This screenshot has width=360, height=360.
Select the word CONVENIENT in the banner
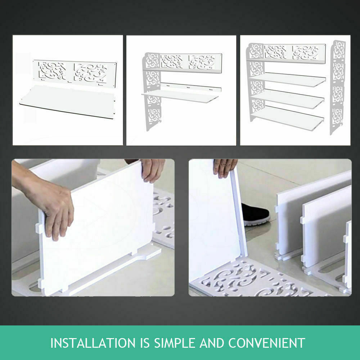[x=269, y=343]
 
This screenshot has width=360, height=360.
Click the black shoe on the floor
[x=256, y=215]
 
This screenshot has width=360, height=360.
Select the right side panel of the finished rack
[x=337, y=86]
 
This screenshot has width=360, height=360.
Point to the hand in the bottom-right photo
[x=225, y=167]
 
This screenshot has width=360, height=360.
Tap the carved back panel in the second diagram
[x=191, y=61]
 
